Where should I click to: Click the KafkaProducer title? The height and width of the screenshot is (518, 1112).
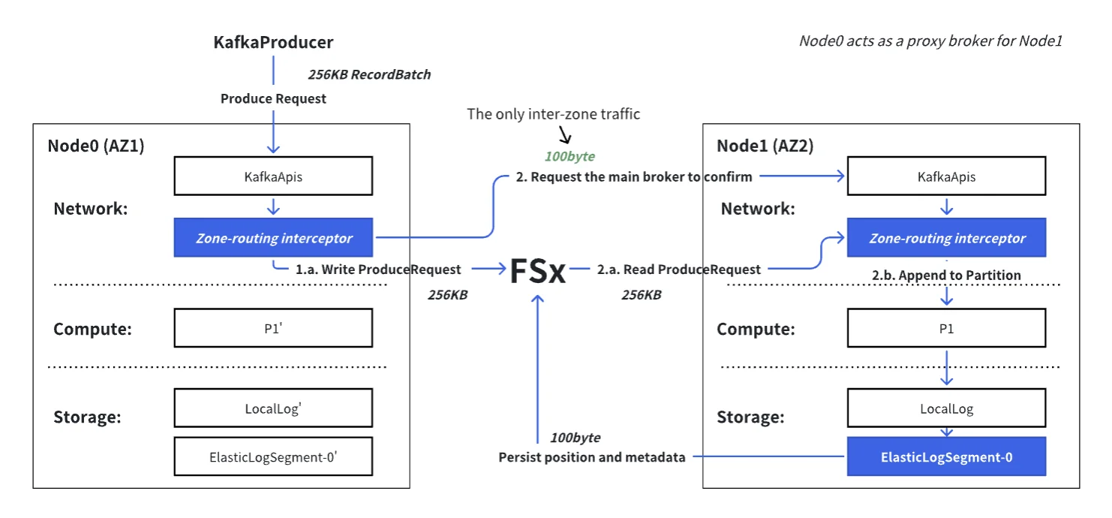pyautogui.click(x=273, y=43)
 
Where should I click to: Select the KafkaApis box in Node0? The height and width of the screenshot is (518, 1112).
pyautogui.click(x=273, y=176)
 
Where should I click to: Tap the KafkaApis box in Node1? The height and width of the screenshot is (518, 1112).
pyautogui.click(x=945, y=176)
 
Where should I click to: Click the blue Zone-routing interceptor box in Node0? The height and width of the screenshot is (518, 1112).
pyautogui.click(x=273, y=239)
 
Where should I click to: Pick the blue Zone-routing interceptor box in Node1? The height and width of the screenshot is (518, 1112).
pyautogui.click(x=945, y=239)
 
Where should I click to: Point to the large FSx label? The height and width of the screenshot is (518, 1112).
pyautogui.click(x=537, y=271)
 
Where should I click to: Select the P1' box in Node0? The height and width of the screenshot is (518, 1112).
pyautogui.click(x=273, y=328)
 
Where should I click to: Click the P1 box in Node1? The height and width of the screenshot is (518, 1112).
pyautogui.click(x=945, y=328)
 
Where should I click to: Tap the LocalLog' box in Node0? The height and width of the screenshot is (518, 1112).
pyautogui.click(x=273, y=408)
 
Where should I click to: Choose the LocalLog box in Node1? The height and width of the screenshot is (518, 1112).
pyautogui.click(x=945, y=408)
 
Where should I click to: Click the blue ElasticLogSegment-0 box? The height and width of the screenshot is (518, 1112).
pyautogui.click(x=945, y=456)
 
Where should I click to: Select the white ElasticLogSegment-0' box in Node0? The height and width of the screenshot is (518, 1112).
pyautogui.click(x=273, y=456)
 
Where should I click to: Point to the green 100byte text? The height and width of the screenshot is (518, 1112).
pyautogui.click(x=570, y=157)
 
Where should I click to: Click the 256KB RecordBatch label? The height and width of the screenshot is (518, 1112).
pyautogui.click(x=369, y=75)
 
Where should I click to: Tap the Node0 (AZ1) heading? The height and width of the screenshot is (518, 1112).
pyautogui.click(x=96, y=146)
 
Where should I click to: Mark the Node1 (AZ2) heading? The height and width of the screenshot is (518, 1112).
pyautogui.click(x=765, y=146)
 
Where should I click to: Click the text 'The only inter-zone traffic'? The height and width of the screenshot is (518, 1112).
pyautogui.click(x=553, y=114)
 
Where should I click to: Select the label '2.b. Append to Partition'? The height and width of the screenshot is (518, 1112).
pyautogui.click(x=946, y=276)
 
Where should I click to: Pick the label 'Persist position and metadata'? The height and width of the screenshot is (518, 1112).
pyautogui.click(x=591, y=457)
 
